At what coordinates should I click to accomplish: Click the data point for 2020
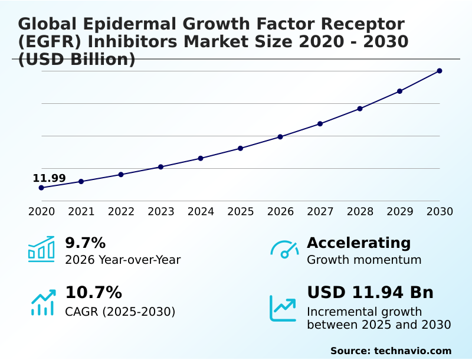[x=41, y=188]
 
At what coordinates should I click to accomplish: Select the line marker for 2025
[x=241, y=148]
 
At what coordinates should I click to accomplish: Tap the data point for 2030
[x=440, y=71]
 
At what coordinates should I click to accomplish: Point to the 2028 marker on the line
[x=360, y=109]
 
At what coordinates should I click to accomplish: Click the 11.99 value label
[x=49, y=178]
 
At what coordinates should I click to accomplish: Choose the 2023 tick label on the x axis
[x=161, y=212]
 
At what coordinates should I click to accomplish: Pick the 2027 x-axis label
[x=320, y=212]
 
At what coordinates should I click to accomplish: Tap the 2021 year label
[x=81, y=212]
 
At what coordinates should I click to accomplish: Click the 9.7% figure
[x=85, y=243]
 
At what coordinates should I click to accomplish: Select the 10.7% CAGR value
[x=93, y=293]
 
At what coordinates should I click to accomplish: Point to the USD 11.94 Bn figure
[x=370, y=292]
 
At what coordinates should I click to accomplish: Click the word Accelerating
[x=359, y=243]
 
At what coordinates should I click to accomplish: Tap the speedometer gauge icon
[x=284, y=249]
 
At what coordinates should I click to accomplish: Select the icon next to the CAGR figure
[x=42, y=302]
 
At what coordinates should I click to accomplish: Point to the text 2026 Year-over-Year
[x=123, y=260]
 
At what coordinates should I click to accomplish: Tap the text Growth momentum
[x=364, y=260]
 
